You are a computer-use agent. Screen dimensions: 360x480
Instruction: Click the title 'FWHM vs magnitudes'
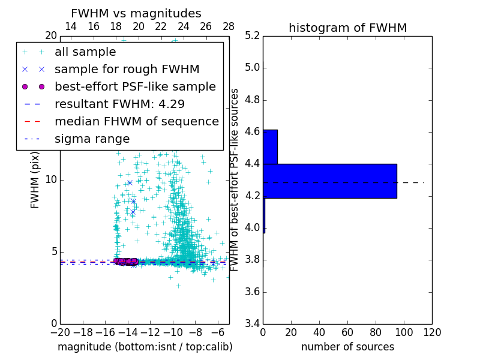click(136, 14)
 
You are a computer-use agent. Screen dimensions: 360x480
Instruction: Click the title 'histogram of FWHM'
click(347, 28)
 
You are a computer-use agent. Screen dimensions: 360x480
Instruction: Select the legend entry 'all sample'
click(84, 52)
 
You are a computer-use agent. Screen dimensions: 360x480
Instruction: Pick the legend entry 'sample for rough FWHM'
click(127, 69)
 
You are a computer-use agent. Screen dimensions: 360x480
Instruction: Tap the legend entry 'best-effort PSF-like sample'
click(135, 86)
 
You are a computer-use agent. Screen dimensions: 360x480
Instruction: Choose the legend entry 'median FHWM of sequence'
click(136, 121)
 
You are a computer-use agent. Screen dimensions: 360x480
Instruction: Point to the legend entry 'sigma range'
click(92, 139)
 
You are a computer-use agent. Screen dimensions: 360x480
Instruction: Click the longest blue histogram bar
click(329, 181)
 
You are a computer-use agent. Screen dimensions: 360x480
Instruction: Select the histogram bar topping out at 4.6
click(270, 146)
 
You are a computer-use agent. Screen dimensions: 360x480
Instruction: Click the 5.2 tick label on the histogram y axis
click(252, 35)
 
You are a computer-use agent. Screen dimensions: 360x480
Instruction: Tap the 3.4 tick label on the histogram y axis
click(252, 324)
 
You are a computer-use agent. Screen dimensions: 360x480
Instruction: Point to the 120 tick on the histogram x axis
click(432, 332)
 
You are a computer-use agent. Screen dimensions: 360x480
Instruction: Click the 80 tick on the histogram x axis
click(376, 332)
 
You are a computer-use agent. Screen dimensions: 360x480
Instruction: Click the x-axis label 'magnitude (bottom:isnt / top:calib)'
click(145, 347)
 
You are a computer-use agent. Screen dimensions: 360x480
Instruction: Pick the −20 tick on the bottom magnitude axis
click(60, 332)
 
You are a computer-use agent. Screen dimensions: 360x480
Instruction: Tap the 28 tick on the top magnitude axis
click(229, 27)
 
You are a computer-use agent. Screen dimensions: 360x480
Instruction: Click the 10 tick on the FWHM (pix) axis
click(51, 180)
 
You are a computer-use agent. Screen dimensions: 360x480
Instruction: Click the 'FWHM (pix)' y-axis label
click(35, 180)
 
